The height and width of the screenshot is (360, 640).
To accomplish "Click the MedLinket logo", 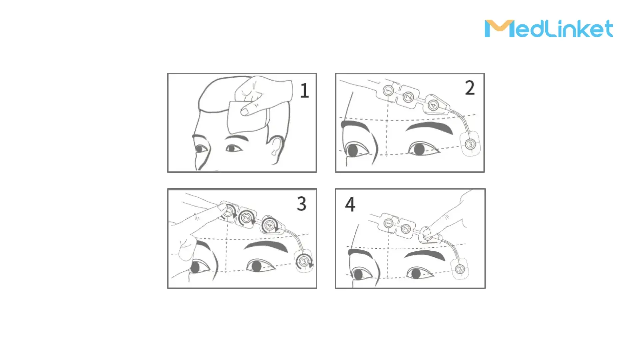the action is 549,28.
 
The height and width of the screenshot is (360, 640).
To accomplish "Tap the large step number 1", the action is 305,90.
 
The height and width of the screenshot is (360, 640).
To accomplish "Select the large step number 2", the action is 470,88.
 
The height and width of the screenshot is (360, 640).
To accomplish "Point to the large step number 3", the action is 302,204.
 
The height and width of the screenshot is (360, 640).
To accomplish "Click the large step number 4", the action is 350,204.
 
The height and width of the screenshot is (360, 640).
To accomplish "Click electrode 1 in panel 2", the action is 388,90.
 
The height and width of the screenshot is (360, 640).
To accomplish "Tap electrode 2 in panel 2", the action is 409,97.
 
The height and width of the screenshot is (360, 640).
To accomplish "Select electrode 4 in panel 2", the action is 433,105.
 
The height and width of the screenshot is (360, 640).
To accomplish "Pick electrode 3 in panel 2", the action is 470,144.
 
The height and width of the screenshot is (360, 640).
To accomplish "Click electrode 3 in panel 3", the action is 304,262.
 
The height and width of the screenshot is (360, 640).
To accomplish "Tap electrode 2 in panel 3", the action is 246,218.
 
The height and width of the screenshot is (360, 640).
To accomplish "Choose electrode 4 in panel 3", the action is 269,225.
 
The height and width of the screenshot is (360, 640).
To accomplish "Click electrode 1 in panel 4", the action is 388,223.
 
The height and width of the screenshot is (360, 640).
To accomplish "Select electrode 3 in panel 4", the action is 460,269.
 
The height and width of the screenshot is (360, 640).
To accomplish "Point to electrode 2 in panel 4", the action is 406,229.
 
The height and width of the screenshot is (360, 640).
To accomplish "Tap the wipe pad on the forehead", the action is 247,118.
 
